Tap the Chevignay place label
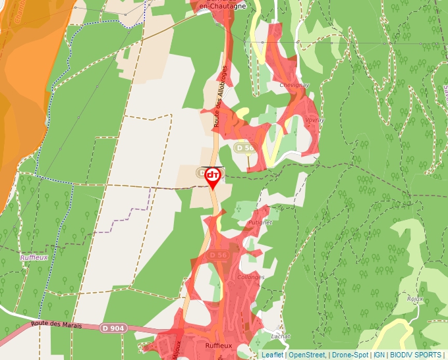(293, 86)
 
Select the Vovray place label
(314, 120)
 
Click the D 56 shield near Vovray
(243, 147)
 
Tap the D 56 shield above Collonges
(219, 255)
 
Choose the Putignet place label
(260, 222)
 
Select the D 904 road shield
(113, 328)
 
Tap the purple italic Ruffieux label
(34, 257)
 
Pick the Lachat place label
(280, 336)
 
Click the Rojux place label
(414, 298)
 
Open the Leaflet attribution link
(272, 355)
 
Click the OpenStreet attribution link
(307, 355)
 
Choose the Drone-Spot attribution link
(350, 355)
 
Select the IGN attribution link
(379, 355)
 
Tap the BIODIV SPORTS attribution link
(416, 355)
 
